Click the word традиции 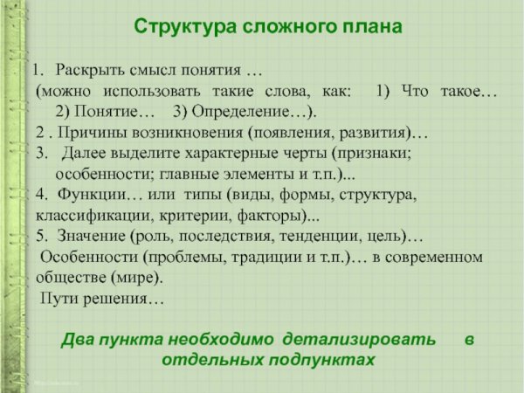point(252,257)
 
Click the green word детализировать point(367,339)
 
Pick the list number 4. point(42,194)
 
